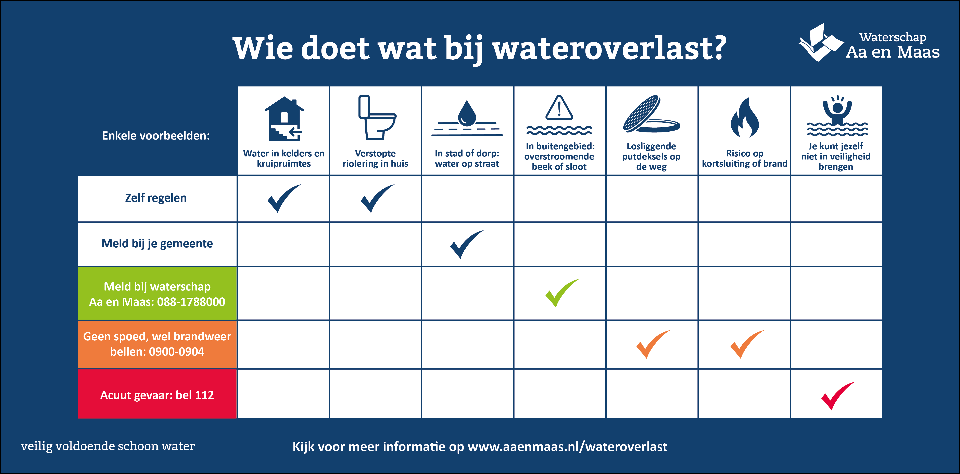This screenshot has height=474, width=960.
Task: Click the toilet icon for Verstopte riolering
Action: click(376, 117)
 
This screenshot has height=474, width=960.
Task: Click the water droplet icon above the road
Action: click(467, 113)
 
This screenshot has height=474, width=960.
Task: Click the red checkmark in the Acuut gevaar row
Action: click(838, 396)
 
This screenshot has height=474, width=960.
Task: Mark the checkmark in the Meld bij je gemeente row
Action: click(467, 244)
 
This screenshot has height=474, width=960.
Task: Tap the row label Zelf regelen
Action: click(156, 198)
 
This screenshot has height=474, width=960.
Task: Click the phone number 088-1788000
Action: click(191, 302)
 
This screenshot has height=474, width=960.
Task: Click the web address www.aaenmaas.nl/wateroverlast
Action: click(567, 447)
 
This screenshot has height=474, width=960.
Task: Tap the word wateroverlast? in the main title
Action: click(610, 48)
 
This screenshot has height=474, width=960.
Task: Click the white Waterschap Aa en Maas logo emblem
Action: click(821, 42)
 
